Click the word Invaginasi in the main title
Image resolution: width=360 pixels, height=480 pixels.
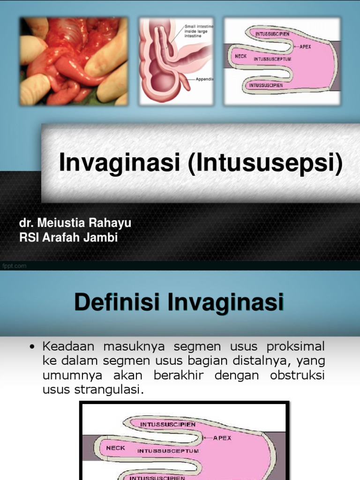click(x=122, y=163)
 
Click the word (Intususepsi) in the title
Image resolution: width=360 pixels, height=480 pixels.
click(x=266, y=164)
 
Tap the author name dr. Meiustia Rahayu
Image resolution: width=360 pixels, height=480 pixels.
click(x=75, y=223)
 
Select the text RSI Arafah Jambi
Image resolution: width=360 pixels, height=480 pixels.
click(x=68, y=238)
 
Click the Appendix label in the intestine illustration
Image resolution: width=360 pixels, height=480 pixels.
click(x=205, y=79)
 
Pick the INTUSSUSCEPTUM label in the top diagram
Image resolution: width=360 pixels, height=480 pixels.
click(x=272, y=60)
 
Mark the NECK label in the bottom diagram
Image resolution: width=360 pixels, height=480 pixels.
click(x=115, y=448)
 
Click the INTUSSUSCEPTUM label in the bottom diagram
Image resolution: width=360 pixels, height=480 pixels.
click(x=168, y=451)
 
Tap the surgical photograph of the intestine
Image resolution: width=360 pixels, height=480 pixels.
click(x=74, y=61)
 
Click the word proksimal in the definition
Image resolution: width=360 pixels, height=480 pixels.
click(x=296, y=346)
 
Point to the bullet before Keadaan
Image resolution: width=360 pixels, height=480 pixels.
click(x=32, y=347)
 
